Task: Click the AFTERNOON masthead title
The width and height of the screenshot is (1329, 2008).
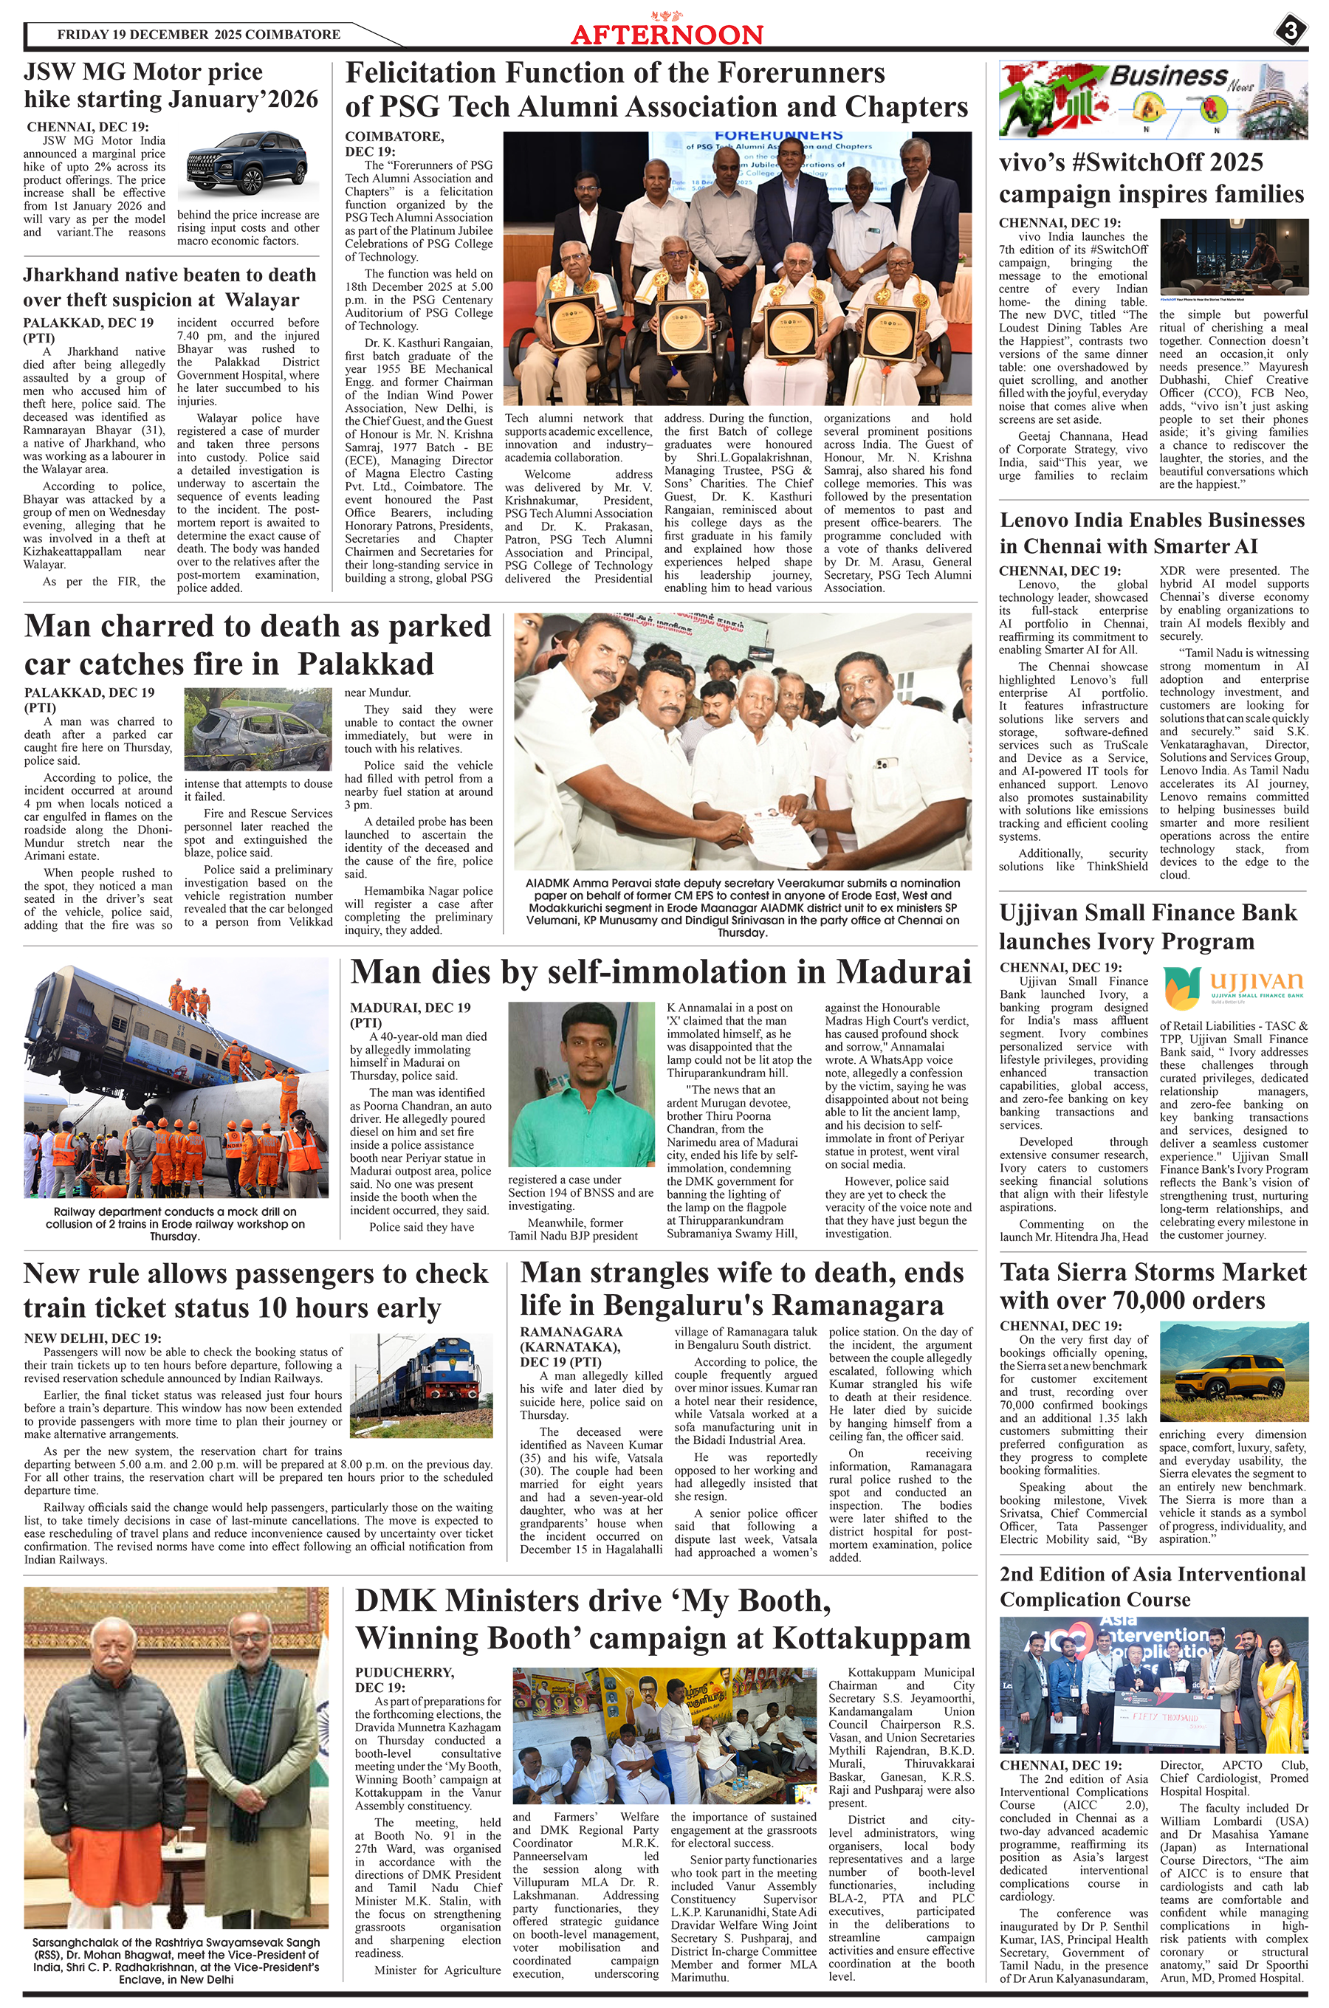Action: click(667, 34)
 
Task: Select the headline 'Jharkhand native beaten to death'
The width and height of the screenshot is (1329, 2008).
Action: click(170, 275)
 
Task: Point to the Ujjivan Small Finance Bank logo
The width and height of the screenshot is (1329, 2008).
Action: click(1233, 986)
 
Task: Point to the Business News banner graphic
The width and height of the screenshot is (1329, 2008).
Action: click(1153, 99)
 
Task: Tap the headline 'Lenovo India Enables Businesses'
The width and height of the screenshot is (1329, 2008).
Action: click(1152, 520)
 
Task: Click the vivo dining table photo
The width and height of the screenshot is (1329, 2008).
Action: click(1233, 258)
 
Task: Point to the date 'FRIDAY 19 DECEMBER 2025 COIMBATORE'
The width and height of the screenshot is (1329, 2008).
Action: click(199, 35)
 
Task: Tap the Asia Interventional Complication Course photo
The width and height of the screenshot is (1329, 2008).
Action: click(1153, 1685)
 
